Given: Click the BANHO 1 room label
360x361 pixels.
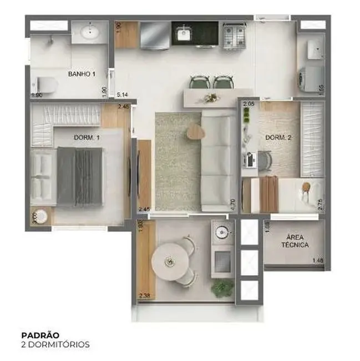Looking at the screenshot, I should pyautogui.click(x=82, y=73).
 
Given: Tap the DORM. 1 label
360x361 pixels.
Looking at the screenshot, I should pyautogui.click(x=87, y=137).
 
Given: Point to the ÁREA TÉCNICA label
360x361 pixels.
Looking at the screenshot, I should pyautogui.click(x=292, y=240).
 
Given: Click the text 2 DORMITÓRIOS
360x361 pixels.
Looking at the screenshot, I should pyautogui.click(x=55, y=344).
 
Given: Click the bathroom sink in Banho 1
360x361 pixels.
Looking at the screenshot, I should pyautogui.click(x=89, y=33).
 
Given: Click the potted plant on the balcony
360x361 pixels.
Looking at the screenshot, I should pyautogui.click(x=222, y=288).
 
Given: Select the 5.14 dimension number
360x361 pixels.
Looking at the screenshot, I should pyautogui.click(x=123, y=95).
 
